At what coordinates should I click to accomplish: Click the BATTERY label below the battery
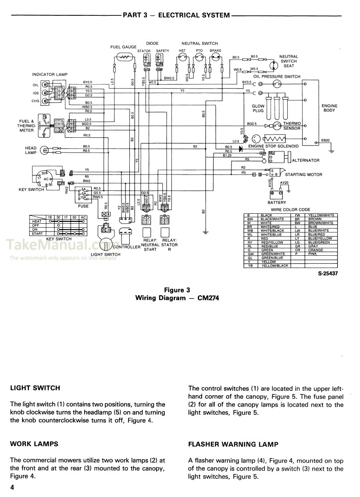click(x=276, y=203)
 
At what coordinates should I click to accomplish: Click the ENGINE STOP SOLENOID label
click(x=273, y=146)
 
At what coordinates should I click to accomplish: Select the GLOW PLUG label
click(x=258, y=109)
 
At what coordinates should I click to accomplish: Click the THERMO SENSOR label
click(x=292, y=126)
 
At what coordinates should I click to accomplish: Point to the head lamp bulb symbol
click(x=43, y=150)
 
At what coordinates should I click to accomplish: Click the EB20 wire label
click(x=325, y=140)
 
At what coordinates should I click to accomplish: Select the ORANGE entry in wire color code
click(x=315, y=250)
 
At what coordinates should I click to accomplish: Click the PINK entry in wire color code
click(x=312, y=254)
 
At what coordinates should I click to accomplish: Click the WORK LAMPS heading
click(x=34, y=444)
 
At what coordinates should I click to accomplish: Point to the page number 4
click(x=13, y=488)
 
